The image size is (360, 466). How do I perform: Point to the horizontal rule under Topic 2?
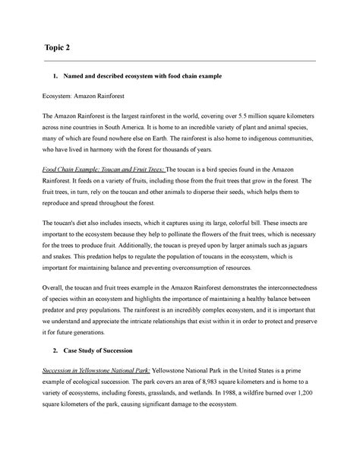(180, 61)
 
